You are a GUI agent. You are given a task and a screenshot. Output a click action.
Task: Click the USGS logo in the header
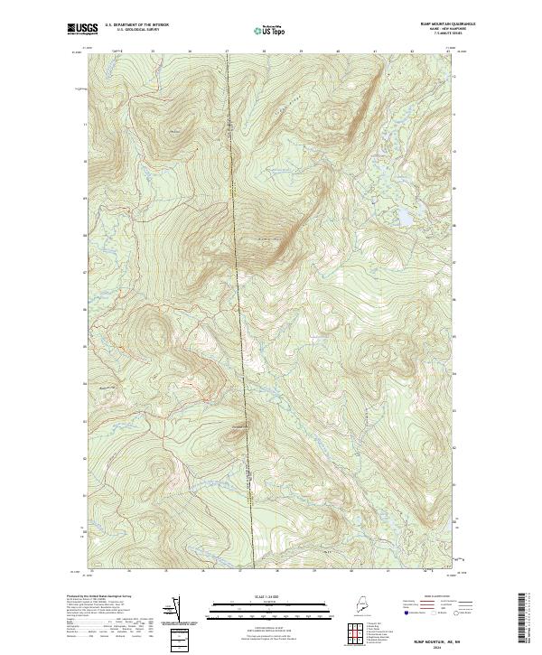tap(82, 29)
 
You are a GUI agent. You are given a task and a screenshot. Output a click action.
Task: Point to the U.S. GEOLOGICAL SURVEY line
tap(136, 31)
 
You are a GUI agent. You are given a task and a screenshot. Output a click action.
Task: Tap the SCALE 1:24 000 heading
tap(270, 596)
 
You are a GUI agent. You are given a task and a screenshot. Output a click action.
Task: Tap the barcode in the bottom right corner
tap(523, 622)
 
